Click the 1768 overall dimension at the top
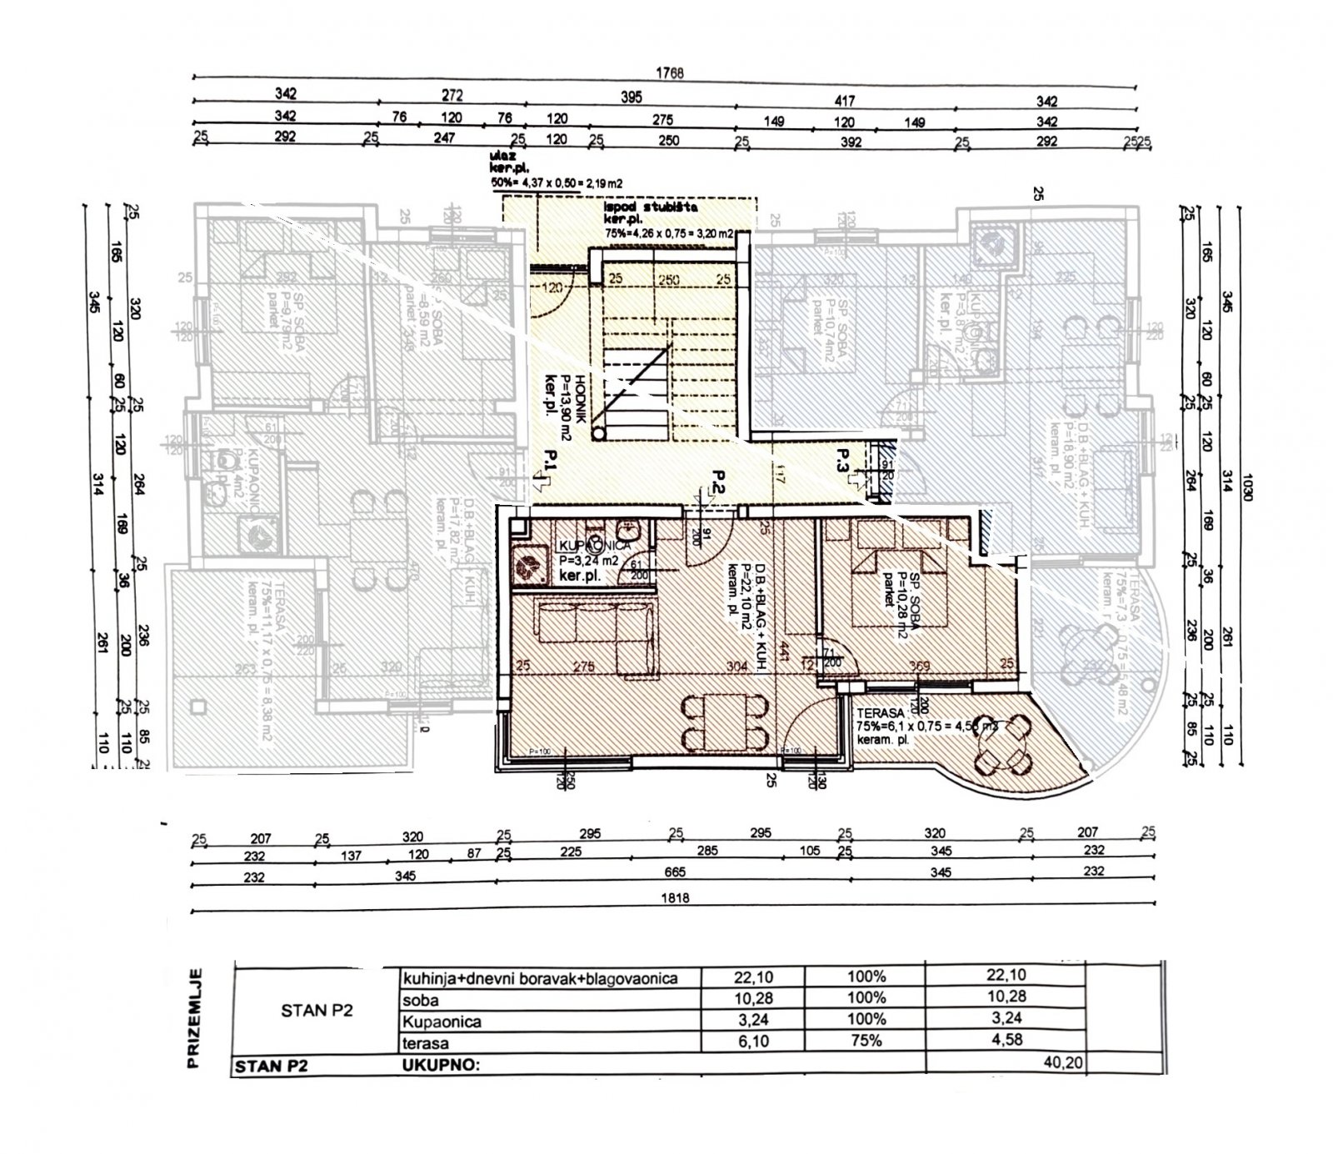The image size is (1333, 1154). point(670,72)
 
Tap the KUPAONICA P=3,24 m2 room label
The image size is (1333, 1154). point(587,553)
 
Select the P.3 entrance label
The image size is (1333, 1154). point(843,462)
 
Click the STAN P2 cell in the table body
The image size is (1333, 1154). point(317,1010)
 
